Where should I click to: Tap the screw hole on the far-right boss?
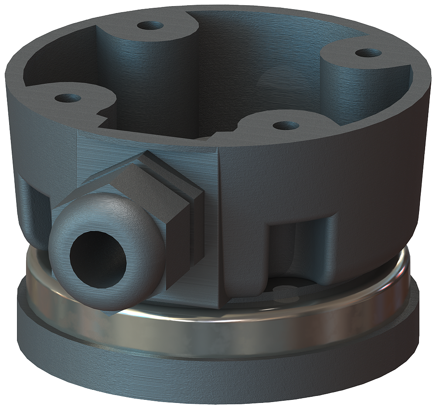pos(368,53)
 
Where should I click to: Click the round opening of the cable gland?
pos(98,258)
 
